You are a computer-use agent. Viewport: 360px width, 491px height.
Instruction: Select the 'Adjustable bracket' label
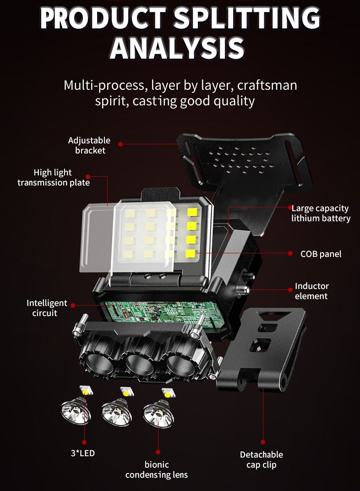pos(89,145)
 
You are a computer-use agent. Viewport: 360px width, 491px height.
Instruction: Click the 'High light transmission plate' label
pos(53,177)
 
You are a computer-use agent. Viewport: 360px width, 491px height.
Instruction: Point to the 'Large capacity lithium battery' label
pos(321,213)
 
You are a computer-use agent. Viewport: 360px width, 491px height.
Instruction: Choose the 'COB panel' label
pos(321,254)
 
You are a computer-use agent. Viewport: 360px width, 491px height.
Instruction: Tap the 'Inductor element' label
pos(311,291)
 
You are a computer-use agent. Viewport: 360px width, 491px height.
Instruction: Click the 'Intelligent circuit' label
pos(47,308)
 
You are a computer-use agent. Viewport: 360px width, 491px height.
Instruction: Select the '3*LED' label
pos(83,454)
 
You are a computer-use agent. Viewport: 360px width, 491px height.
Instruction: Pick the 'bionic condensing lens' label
pos(157,469)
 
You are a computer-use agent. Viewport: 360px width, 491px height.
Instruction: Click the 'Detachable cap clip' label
pos(262,459)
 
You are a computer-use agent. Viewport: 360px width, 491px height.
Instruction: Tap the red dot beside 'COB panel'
pos(290,253)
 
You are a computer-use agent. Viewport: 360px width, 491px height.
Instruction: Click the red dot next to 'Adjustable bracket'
pos(120,144)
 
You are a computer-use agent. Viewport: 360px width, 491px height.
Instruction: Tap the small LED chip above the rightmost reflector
pos(167,393)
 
